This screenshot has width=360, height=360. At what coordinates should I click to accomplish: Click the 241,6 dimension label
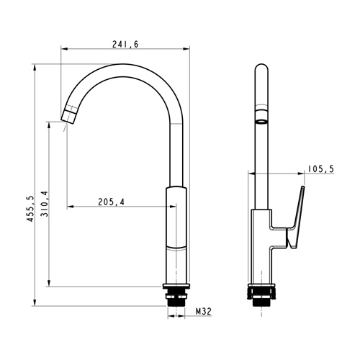[x=125, y=45]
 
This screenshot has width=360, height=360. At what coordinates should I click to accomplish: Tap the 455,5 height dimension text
[x=30, y=208]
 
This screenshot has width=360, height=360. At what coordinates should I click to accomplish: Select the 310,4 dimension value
[x=45, y=204]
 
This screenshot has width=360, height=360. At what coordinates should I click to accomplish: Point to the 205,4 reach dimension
[x=111, y=202]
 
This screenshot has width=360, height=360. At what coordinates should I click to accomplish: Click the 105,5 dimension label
[x=321, y=169]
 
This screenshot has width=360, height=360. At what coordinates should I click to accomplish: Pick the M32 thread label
[x=204, y=312]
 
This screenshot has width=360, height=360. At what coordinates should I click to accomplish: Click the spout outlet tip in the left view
[x=69, y=117]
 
